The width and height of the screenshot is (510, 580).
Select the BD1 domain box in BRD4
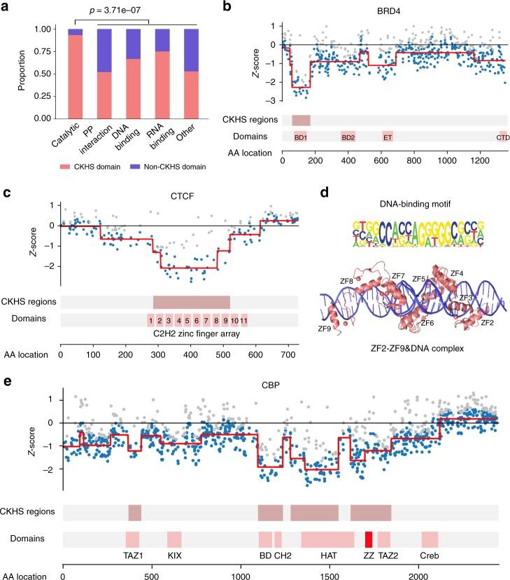pos(300,137)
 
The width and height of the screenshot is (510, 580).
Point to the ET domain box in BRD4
pos(388,137)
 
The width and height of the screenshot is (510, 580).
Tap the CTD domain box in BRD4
pos(503,137)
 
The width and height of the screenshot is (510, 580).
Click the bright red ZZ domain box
pos(369,539)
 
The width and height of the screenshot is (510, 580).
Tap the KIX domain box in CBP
pos(174,539)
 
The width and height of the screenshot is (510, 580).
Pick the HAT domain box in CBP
pos(327,539)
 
